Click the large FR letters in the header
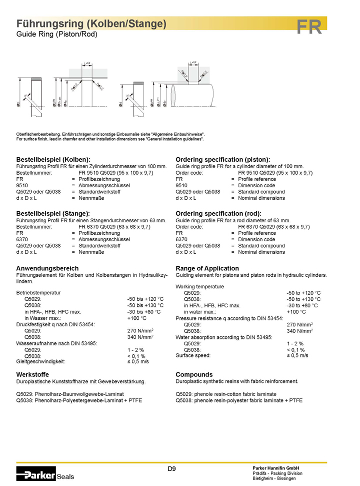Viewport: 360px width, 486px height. pos(309,27)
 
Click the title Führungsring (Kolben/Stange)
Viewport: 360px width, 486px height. pos(91,24)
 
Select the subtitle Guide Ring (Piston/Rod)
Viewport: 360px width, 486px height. pos(57,34)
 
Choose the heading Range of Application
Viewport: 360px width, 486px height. pos(207,268)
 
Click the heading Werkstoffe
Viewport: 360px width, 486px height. pos(32,374)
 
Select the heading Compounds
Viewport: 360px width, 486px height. pos(194,374)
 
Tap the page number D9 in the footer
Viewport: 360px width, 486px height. pos(171,469)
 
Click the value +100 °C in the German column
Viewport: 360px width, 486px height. pos(137,318)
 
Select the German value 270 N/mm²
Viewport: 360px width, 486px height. pos(140,330)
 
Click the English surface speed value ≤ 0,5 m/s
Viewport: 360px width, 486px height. pos(297,355)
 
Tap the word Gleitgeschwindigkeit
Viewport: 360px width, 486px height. pos(41,361)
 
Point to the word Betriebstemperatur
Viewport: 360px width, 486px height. pos(38,292)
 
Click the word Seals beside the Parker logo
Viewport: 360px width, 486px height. pos(65,476)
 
